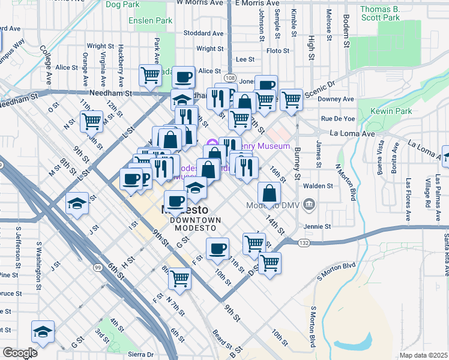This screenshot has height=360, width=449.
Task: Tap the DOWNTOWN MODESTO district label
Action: click(x=196, y=220)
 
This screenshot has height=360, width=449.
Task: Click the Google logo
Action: click(x=20, y=352)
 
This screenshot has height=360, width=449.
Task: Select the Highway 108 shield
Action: click(x=231, y=79)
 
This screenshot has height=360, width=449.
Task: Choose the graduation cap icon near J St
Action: click(x=77, y=203)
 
